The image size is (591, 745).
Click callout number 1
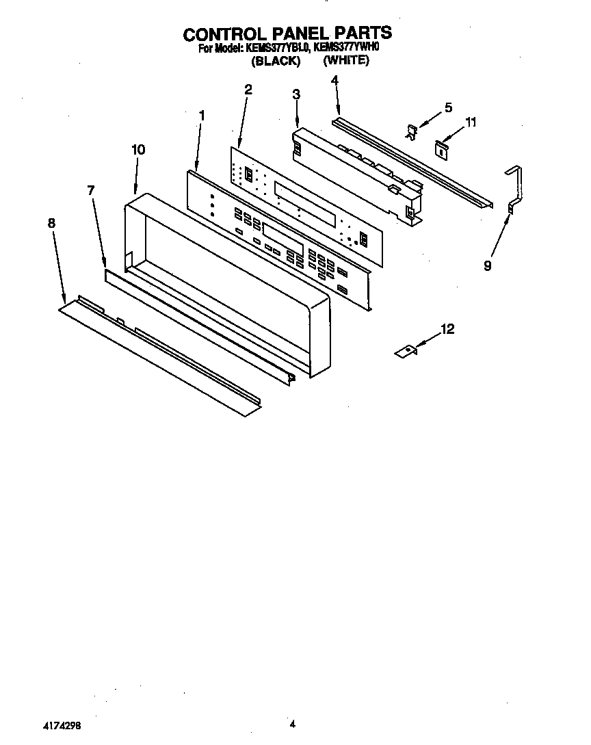pos(202,116)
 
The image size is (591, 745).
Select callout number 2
pos(248,89)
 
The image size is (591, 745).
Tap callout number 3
pos(296,94)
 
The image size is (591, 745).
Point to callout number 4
pos(334,80)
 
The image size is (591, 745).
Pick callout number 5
pos(448,107)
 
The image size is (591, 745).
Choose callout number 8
pos(51,222)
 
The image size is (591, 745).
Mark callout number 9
pos(487,266)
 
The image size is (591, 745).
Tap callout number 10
pos(138,149)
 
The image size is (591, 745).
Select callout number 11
pos(470,122)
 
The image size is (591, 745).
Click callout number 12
pos(447,330)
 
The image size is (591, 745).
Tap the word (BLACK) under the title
pos(276,61)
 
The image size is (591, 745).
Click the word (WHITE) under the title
pos(346,60)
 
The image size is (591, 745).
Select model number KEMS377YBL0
pos(273,49)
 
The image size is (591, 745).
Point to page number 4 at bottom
pos(292,723)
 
